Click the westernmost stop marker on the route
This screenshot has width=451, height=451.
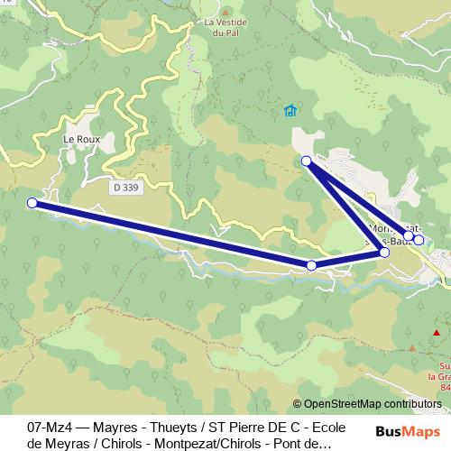(x=32, y=203)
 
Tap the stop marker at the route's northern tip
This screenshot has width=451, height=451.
(x=306, y=161)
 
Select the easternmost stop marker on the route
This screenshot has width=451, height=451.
(x=419, y=241)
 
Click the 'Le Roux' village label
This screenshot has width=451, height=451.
(x=81, y=140)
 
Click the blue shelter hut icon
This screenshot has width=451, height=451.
(x=290, y=111)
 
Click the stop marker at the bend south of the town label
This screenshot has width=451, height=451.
(x=384, y=252)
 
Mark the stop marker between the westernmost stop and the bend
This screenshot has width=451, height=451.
(x=311, y=265)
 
